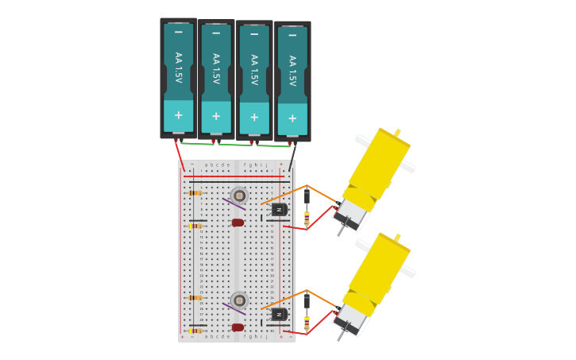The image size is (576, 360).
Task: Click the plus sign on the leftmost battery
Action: coord(178,115)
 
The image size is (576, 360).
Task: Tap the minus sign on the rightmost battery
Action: coord(292,36)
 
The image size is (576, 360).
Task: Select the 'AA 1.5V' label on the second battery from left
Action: coord(216,69)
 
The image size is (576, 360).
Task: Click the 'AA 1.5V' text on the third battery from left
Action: coord(254,70)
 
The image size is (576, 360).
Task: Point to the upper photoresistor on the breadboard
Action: coord(239,195)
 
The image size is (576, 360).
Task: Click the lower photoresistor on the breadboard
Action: coord(239,300)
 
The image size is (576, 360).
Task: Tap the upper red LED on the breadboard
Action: coord(238,223)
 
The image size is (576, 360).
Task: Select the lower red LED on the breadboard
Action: coord(238,327)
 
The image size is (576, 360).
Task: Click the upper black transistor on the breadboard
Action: coord(279,209)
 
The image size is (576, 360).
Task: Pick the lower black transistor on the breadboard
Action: coord(279,314)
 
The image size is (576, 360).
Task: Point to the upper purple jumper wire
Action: coord(234,203)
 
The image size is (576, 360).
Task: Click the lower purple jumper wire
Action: coord(234,308)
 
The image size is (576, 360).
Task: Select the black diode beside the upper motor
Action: coord(307,195)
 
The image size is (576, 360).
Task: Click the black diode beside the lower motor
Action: coord(307,300)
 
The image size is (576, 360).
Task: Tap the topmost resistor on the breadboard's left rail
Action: coord(195,193)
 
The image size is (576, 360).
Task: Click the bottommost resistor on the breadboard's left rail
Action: coord(195,331)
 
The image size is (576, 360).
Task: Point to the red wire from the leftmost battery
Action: coord(180,156)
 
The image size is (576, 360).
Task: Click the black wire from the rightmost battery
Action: coord(292,156)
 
